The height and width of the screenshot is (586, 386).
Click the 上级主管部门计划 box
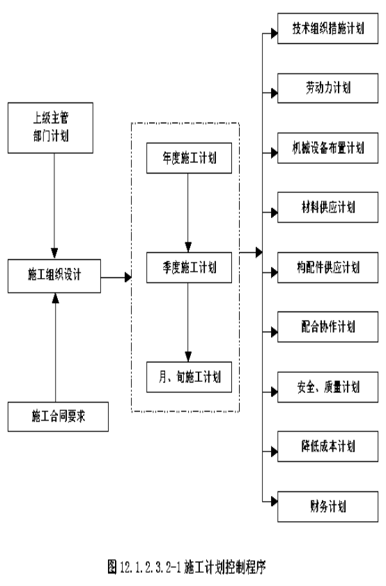(x=50, y=128)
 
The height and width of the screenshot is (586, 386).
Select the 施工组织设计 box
(x=54, y=276)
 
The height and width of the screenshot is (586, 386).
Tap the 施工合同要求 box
(x=58, y=417)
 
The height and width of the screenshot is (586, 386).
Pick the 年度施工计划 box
(x=189, y=158)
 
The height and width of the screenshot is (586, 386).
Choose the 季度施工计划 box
(x=189, y=267)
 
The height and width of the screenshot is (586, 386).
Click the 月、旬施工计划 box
(x=189, y=377)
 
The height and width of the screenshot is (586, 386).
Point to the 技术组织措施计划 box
(x=327, y=29)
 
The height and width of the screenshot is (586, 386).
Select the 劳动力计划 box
(x=327, y=88)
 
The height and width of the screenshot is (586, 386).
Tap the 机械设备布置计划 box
(x=327, y=148)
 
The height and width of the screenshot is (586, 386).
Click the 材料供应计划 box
(x=327, y=208)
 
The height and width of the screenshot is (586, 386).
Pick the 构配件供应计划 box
(x=327, y=268)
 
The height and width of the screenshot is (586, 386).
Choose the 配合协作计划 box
(x=327, y=327)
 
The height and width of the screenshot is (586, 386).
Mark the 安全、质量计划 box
(x=327, y=387)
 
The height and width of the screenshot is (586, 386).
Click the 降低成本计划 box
(x=327, y=446)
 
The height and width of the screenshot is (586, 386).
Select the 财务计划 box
(x=327, y=507)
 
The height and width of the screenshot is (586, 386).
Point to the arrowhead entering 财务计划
(x=275, y=501)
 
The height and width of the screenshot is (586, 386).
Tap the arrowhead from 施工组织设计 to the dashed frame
(x=128, y=277)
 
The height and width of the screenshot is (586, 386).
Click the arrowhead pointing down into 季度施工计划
(x=188, y=247)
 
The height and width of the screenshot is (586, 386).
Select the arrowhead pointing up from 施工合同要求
(x=55, y=298)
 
